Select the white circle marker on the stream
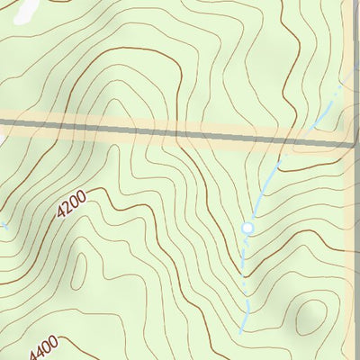coord(247,229)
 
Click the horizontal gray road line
coord(180,132)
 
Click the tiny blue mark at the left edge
coord(4,226)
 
